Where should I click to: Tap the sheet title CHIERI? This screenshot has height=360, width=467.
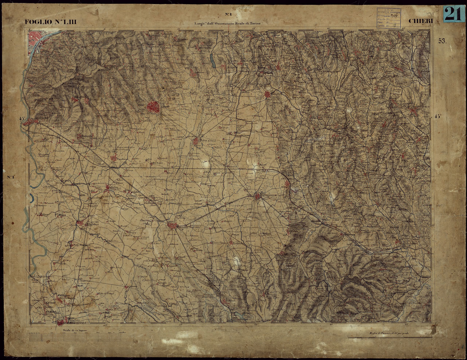(421, 21)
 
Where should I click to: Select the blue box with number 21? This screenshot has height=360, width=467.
(453, 14)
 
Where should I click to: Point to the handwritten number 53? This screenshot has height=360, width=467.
(442, 41)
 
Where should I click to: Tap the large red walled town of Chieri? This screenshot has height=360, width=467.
(153, 107)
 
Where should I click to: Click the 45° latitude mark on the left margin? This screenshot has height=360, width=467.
(23, 119)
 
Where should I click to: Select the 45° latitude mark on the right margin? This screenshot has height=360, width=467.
(438, 116)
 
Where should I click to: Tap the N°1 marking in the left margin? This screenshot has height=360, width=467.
(10, 178)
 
